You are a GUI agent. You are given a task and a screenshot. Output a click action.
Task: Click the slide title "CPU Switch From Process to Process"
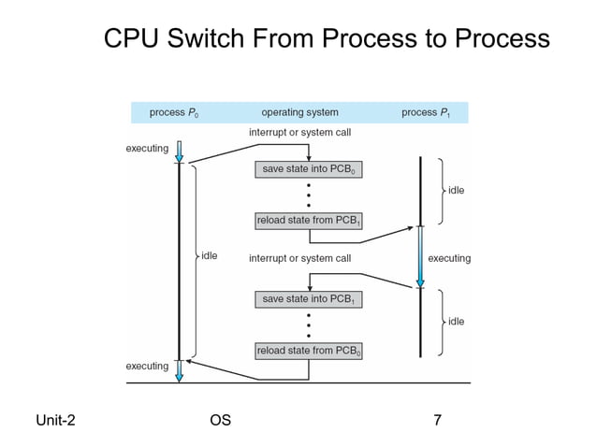(326, 38)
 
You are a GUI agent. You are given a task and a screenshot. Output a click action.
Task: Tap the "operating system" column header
(299, 113)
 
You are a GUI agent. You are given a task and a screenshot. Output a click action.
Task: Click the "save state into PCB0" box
(309, 170)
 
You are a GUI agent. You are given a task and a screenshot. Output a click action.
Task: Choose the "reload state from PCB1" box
(309, 221)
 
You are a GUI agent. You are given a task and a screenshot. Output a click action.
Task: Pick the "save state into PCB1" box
(309, 299)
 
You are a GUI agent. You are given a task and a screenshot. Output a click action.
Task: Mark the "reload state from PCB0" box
(309, 351)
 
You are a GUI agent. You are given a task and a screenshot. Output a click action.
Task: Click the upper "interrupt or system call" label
(299, 133)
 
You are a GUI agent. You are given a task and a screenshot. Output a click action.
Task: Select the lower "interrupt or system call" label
(299, 258)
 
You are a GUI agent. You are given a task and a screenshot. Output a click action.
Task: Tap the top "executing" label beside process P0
(147, 148)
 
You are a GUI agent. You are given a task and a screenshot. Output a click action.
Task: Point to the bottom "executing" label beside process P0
(147, 366)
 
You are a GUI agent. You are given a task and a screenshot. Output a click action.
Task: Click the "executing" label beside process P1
(449, 258)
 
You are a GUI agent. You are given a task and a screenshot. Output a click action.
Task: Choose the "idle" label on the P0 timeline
(209, 255)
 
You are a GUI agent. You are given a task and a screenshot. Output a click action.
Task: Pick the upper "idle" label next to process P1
(456, 190)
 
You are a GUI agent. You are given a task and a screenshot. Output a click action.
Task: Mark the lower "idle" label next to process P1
(456, 322)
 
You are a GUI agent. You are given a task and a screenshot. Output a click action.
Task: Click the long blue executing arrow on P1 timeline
(420, 257)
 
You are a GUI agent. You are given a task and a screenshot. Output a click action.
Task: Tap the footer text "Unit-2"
(55, 420)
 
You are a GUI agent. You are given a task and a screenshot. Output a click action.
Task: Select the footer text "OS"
(221, 420)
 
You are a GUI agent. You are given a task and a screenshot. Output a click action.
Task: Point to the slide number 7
(437, 420)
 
